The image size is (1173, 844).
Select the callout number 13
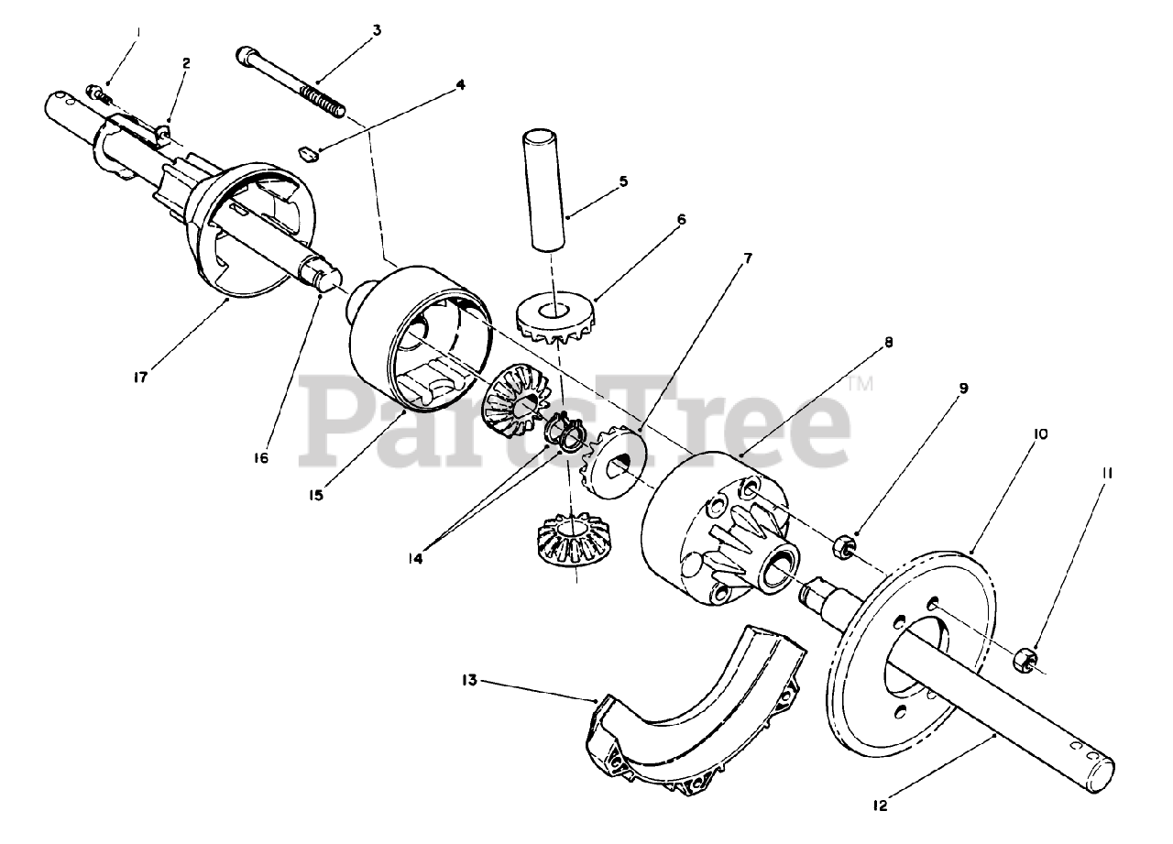pyautogui.click(x=469, y=680)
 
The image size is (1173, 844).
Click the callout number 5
pyautogui.click(x=623, y=181)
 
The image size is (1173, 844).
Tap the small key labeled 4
pyautogui.click(x=308, y=153)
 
